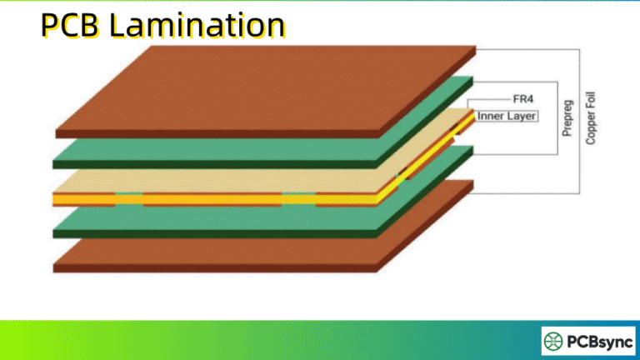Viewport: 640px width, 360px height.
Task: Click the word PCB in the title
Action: pos(72,26)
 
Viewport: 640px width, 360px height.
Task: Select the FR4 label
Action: pos(522,98)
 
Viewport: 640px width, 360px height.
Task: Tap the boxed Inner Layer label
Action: pos(507,116)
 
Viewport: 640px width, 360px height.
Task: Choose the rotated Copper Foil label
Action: pos(591,117)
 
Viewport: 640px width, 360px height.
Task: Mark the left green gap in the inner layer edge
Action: pos(128,199)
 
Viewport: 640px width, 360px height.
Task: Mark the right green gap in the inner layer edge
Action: pos(297,199)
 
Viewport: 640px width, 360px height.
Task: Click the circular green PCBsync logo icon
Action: pos(556,341)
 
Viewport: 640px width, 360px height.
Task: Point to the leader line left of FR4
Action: pos(492,98)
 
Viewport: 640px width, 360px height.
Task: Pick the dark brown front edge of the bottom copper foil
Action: pos(208,267)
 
